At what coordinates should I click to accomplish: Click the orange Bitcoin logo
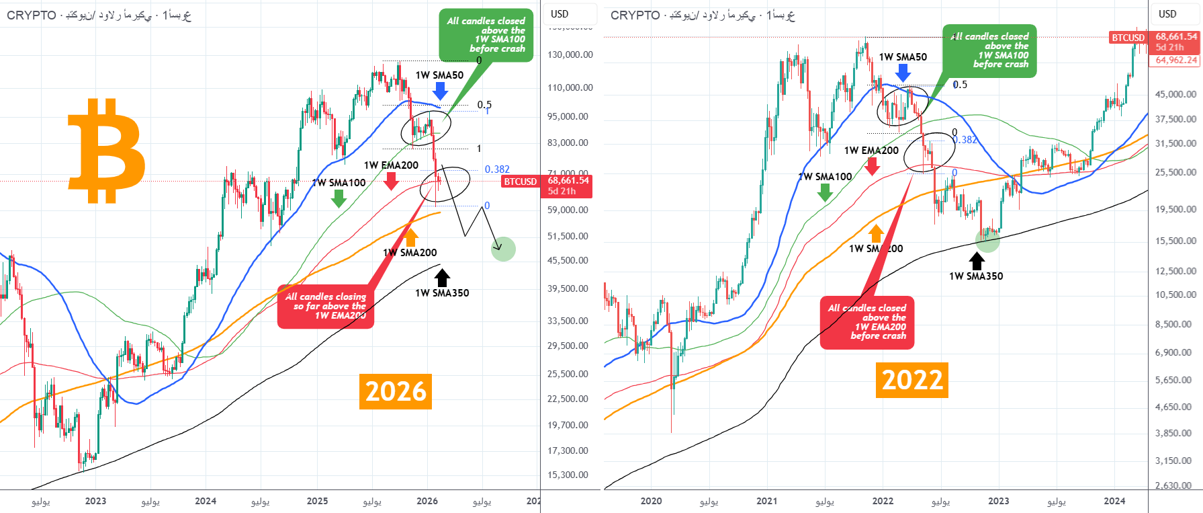coord(106,151)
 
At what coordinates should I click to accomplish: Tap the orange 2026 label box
coord(396,391)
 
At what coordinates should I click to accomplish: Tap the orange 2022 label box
coord(911,380)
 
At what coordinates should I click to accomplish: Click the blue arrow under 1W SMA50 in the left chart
coord(440,91)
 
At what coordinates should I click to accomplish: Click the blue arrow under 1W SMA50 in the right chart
coord(903,73)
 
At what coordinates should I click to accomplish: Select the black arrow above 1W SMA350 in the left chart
coord(442,277)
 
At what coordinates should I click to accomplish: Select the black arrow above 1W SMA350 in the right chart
coord(977,261)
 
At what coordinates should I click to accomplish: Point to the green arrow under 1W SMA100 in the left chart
coord(339,198)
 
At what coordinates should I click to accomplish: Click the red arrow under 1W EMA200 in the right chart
coord(872,165)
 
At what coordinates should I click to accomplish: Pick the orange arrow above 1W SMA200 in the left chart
coord(410,237)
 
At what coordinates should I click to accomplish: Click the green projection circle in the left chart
coord(503,249)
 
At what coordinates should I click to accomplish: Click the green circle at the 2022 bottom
coord(987,240)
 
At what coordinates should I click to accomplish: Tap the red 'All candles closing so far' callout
coord(326,307)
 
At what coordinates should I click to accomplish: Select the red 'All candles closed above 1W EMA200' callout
coord(867,323)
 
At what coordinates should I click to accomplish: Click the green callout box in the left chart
coord(486,35)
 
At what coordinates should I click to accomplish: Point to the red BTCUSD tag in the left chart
coord(521,182)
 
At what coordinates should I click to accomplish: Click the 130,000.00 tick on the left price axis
coord(570,54)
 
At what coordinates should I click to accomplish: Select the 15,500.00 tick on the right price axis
coord(1175,241)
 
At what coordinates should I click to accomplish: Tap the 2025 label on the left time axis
coord(317,501)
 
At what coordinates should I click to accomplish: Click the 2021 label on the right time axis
coord(766,501)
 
